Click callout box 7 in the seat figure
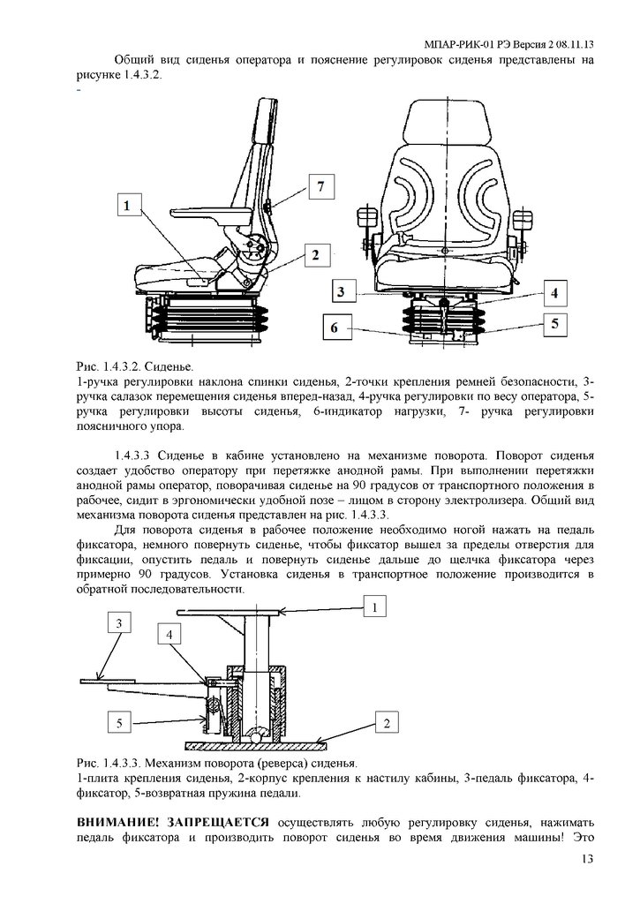321,187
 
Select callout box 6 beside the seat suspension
335,328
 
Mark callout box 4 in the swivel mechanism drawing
170,634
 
